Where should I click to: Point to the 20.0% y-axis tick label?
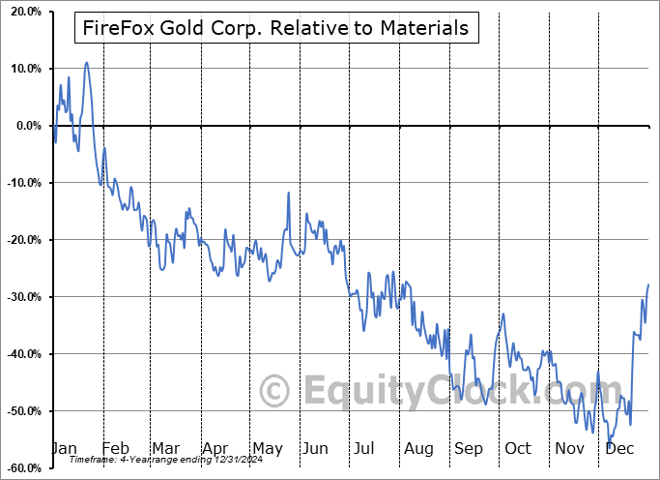click(x=23, y=12)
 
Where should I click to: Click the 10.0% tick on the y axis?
click(x=23, y=69)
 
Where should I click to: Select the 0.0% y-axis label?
click(x=26, y=126)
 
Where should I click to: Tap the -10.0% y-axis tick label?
click(x=21, y=183)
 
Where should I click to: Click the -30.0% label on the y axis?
click(x=21, y=297)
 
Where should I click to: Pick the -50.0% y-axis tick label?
click(x=21, y=411)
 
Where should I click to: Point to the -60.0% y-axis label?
click(x=21, y=467)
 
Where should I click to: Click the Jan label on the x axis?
click(x=63, y=449)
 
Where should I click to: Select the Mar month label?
click(x=165, y=449)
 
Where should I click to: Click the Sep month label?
click(x=469, y=449)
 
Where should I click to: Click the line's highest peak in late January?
click(x=87, y=63)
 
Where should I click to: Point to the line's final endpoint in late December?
click(x=647, y=285)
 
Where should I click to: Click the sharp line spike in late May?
click(x=288, y=193)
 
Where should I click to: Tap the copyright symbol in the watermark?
click(x=275, y=392)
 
